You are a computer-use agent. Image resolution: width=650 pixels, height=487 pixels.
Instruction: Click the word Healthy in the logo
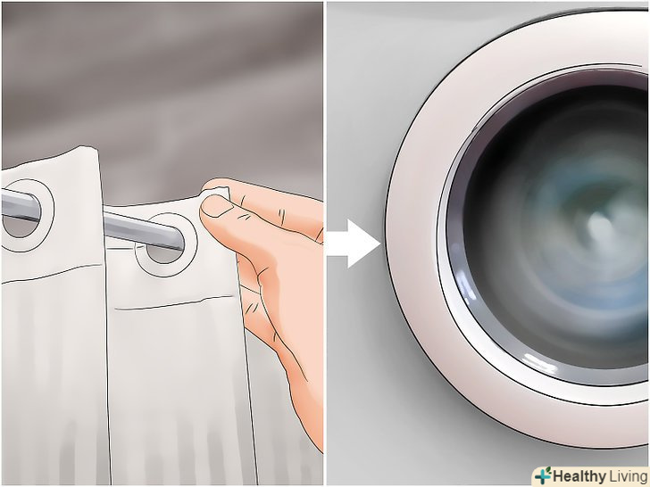click(x=579, y=476)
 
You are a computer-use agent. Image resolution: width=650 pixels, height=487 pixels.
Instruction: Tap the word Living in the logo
click(x=628, y=476)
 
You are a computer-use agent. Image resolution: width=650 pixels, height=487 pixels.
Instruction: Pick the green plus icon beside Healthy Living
click(x=543, y=475)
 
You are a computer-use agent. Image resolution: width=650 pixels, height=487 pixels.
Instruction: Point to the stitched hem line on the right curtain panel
click(x=173, y=302)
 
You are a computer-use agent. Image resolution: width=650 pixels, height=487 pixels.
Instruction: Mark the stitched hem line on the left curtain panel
click(x=52, y=273)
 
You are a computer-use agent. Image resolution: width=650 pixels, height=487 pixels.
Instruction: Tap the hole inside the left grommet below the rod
click(x=18, y=227)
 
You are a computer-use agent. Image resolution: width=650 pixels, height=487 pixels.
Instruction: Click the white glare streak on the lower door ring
click(x=539, y=361)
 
